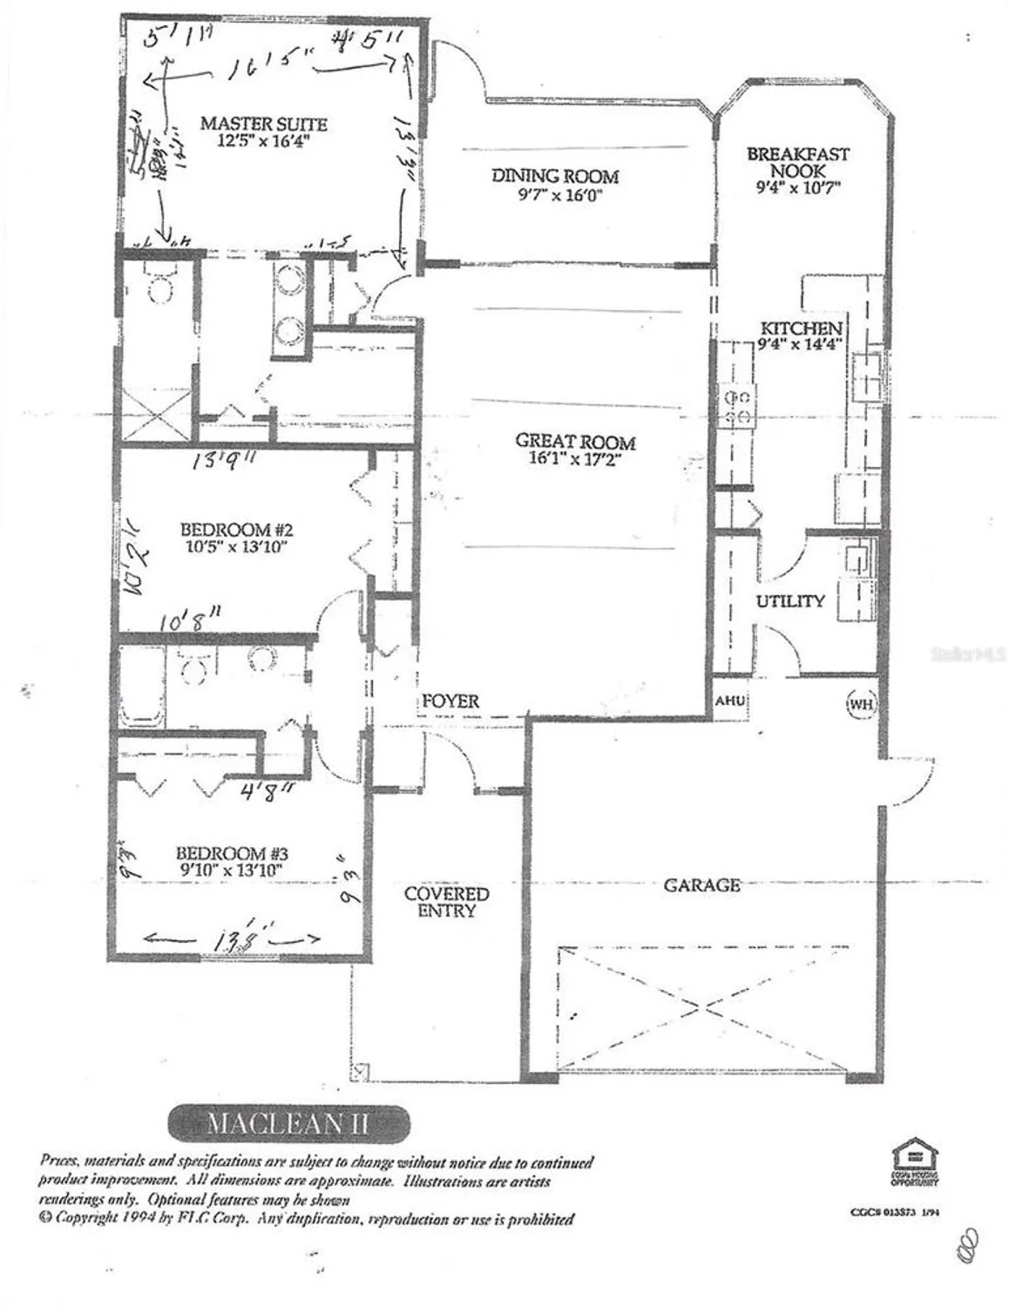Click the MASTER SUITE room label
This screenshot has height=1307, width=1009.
263,123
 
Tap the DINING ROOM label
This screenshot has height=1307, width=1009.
555,176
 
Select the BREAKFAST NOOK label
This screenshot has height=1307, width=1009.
797,163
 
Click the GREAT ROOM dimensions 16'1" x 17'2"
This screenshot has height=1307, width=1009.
574,460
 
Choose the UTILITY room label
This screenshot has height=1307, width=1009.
789,601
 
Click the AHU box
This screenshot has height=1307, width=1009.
727,701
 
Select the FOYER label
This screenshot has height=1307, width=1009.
450,701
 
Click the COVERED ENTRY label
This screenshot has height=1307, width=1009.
447,902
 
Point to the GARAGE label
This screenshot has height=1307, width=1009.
702,885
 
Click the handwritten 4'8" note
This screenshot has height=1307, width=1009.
267,791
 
